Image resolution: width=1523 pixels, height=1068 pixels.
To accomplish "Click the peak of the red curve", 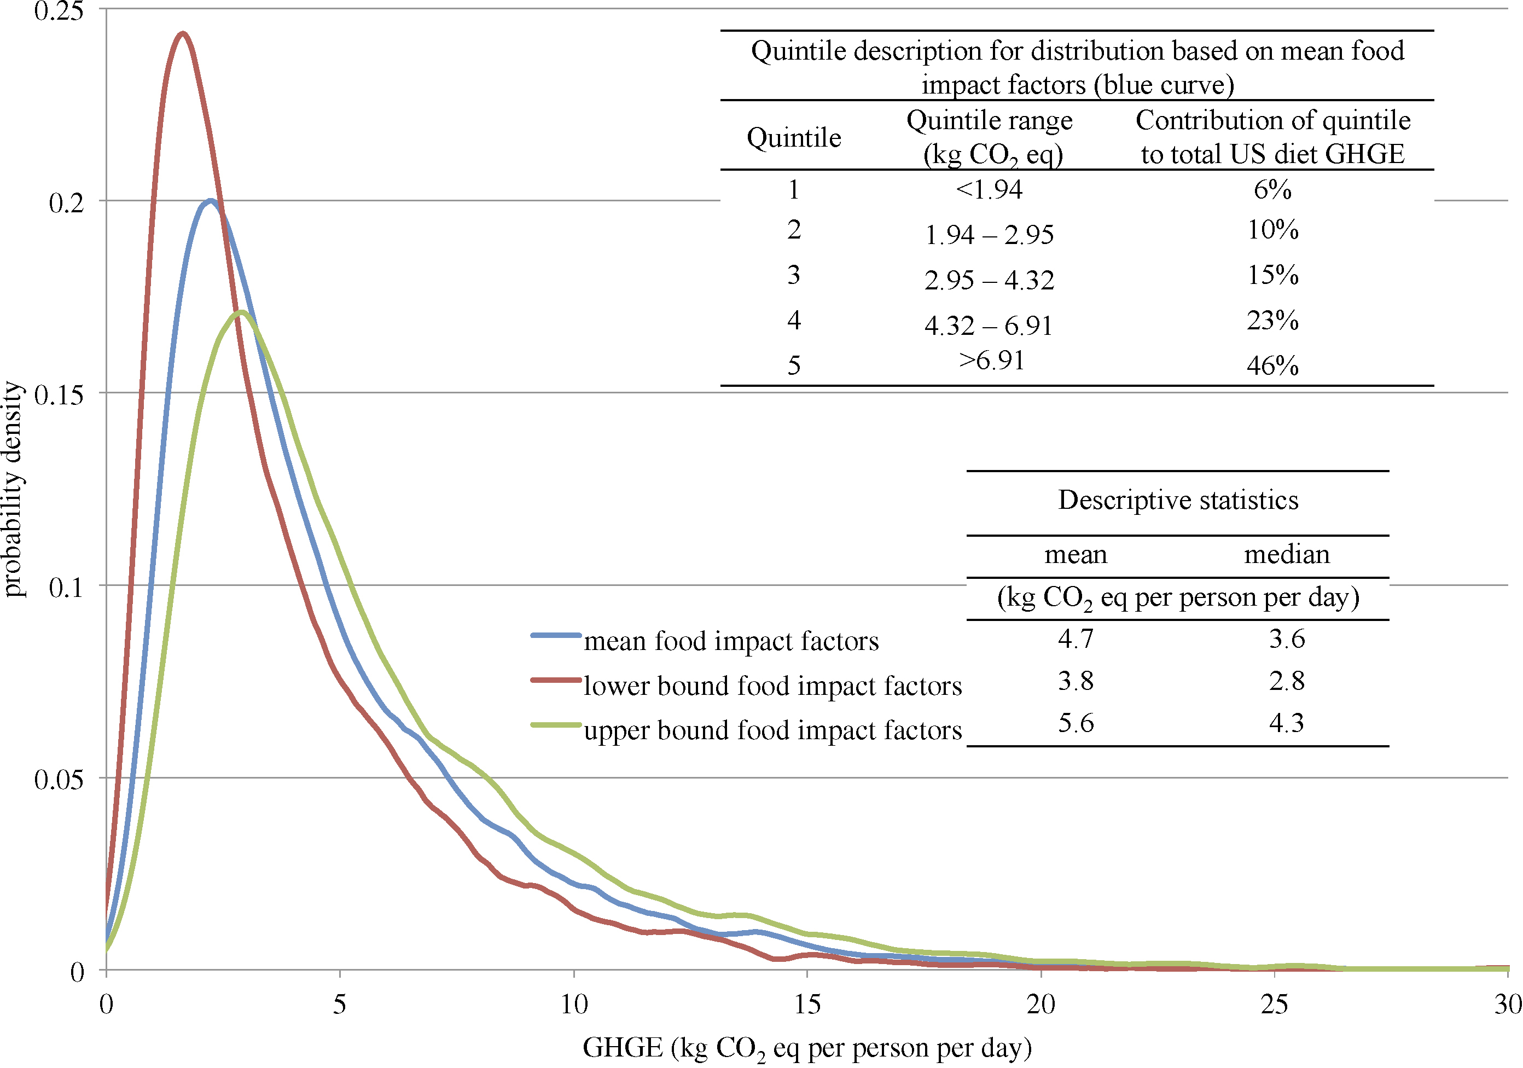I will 182,33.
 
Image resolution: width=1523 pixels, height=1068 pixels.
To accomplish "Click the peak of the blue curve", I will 210,200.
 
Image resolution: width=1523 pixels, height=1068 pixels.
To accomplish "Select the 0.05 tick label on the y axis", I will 59,780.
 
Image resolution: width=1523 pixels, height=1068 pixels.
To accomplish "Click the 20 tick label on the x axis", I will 1040,1005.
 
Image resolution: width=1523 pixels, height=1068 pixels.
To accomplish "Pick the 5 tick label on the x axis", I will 340,1005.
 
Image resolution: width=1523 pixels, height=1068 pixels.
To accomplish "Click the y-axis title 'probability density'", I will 13,489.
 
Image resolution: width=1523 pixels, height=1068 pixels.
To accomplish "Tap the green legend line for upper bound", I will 556,725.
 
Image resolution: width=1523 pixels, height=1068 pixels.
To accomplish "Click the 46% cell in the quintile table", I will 1272,365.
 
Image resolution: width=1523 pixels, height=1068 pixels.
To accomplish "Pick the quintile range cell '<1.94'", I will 989,190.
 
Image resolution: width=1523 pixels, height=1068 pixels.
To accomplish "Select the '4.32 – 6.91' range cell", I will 989,326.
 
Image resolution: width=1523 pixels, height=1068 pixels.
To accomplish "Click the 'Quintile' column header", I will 794,138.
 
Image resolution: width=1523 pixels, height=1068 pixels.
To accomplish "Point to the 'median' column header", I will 1287,555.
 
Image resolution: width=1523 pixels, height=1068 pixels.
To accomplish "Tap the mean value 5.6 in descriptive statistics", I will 1076,723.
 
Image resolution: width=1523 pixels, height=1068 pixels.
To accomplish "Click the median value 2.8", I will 1287,681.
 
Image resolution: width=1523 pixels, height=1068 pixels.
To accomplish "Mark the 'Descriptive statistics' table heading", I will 1178,500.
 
